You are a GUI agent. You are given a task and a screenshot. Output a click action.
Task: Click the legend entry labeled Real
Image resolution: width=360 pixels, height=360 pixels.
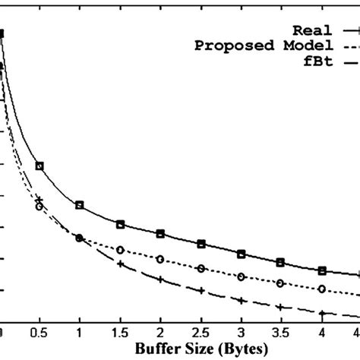311,30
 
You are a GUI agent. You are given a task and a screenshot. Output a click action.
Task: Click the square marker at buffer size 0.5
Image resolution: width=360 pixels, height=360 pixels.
39,166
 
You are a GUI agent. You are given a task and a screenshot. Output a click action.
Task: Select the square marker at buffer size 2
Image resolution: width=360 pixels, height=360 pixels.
160,233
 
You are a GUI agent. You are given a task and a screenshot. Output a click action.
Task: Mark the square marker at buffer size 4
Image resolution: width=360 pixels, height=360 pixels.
321,270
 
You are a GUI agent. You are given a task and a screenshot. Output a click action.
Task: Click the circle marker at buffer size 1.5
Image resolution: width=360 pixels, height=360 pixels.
120,249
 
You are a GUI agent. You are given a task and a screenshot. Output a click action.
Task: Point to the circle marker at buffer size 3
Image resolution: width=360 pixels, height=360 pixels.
241,276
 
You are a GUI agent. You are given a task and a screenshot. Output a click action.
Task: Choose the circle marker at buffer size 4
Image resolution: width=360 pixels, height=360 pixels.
321,289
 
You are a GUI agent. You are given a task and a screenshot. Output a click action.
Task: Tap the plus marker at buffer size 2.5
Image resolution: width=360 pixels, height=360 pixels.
201,290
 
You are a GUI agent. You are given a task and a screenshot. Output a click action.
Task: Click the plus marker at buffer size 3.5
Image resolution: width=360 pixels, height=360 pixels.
280,307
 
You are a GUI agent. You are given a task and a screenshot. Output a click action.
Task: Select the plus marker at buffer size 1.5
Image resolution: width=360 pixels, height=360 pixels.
120,264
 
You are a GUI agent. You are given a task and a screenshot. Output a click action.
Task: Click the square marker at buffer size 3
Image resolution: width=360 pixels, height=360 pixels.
241,253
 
